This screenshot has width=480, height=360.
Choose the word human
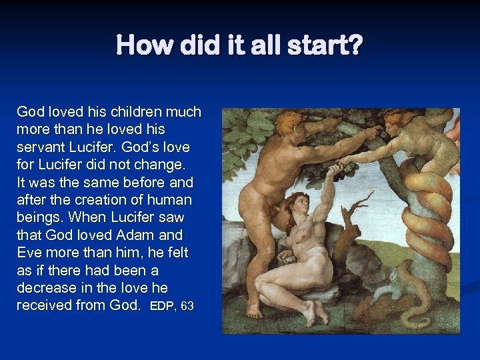click(x=169, y=199)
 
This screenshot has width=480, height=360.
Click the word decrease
click(x=47, y=288)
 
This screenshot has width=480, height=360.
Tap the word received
click(x=42, y=305)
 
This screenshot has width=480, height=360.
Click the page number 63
click(x=187, y=307)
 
